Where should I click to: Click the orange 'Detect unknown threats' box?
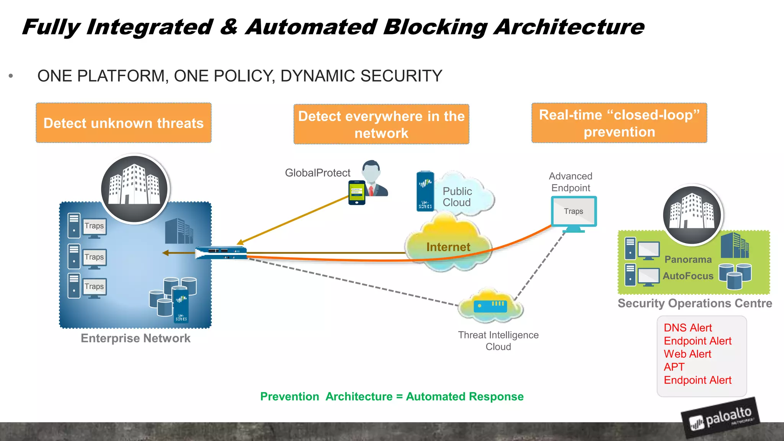(x=123, y=123)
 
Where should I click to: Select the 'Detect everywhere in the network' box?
(x=381, y=124)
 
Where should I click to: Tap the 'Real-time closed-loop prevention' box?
(x=619, y=123)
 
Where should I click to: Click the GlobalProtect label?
(x=317, y=173)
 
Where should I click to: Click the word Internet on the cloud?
(x=448, y=247)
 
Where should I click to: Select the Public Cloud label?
(x=457, y=197)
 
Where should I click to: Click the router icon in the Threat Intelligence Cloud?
(x=490, y=305)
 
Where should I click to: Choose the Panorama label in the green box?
(x=688, y=260)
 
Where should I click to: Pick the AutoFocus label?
(x=688, y=276)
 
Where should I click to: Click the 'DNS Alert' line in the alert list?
(x=688, y=328)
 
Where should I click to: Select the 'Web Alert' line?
(x=687, y=354)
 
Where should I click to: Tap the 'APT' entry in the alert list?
(x=674, y=367)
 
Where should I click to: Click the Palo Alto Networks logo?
(x=720, y=418)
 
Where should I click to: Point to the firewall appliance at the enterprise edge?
(x=221, y=253)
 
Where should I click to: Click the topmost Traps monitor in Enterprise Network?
(x=94, y=226)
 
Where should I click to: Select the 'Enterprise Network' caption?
(x=136, y=338)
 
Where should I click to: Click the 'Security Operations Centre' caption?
(x=694, y=303)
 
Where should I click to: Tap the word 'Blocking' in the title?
(x=435, y=28)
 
